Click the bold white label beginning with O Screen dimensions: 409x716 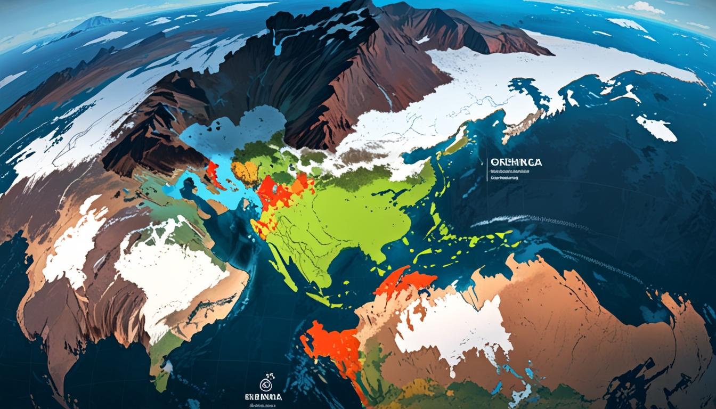click(515, 162)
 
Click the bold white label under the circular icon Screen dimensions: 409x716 click(264, 397)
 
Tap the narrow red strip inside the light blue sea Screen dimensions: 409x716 click(214, 175)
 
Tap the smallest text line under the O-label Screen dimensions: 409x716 click(504, 179)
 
